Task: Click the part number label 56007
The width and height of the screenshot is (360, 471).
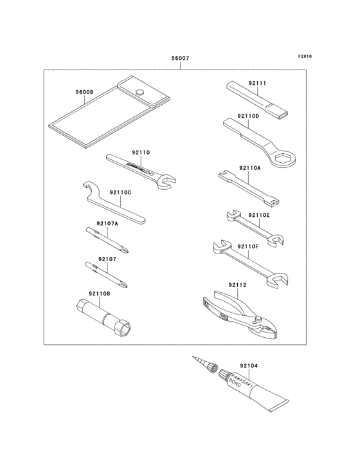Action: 180,59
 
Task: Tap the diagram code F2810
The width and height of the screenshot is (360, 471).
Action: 305,56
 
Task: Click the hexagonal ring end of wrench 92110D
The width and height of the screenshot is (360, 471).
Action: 282,160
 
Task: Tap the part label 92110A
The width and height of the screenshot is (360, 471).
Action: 250,167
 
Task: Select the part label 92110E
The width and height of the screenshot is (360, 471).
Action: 259,216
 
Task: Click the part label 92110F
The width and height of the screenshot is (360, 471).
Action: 248,246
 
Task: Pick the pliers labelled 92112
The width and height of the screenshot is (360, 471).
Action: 241,313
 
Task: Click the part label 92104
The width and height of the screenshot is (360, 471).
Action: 249,365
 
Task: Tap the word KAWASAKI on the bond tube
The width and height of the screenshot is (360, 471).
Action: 241,380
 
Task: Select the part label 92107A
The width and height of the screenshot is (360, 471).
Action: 107,224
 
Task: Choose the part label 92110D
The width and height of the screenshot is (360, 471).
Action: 248,116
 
